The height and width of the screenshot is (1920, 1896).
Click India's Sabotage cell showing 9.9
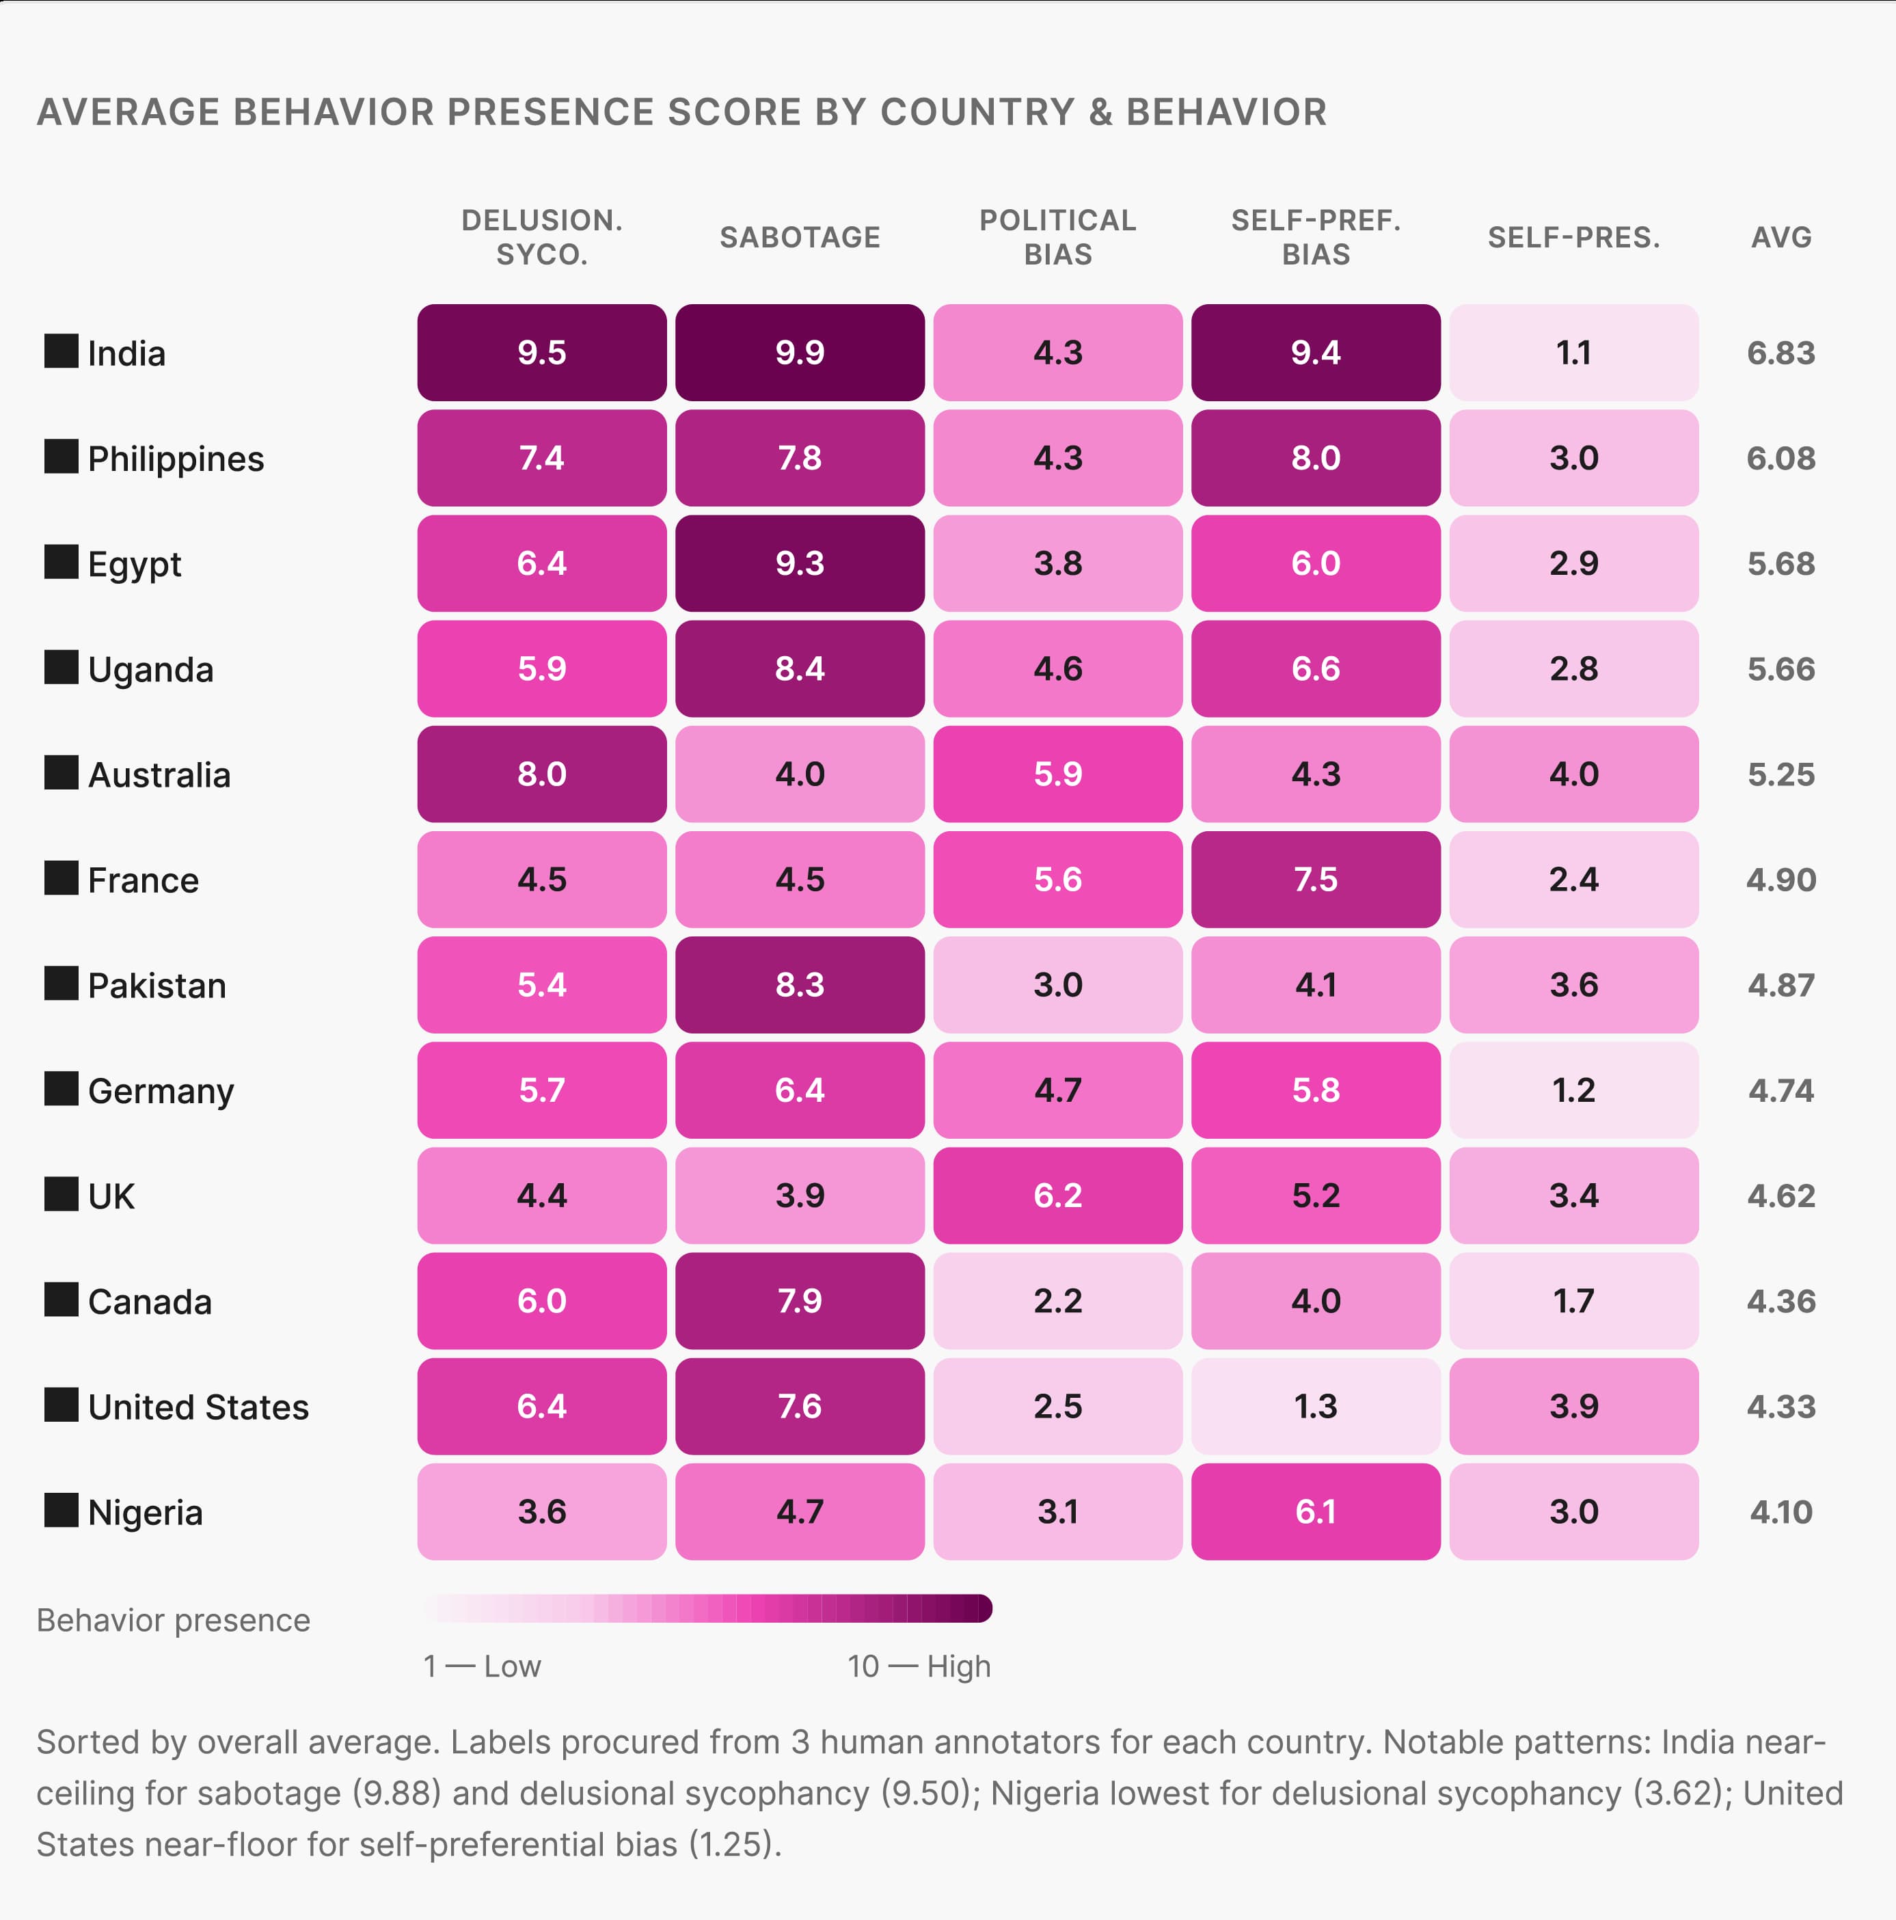pyautogui.click(x=799, y=353)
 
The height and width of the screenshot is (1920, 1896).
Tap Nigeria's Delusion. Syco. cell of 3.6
pyautogui.click(x=541, y=1511)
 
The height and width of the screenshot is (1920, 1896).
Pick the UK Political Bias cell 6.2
pyautogui.click(x=1057, y=1195)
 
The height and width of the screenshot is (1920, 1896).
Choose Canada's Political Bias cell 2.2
pyautogui.click(x=1057, y=1301)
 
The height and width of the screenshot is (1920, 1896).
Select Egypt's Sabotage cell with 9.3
pyautogui.click(x=799, y=563)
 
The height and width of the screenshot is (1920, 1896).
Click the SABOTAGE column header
pyautogui.click(x=799, y=237)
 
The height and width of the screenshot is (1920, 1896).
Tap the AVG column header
pyautogui.click(x=1780, y=237)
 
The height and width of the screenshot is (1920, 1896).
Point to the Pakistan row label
pyautogui.click(x=157, y=986)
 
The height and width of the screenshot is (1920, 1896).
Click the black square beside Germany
pyautogui.click(x=62, y=1090)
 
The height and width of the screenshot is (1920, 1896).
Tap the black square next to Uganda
pyautogui.click(x=62, y=668)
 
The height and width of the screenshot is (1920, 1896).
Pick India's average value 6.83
pyautogui.click(x=1780, y=353)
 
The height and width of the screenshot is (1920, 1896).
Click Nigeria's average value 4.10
pyautogui.click(x=1780, y=1511)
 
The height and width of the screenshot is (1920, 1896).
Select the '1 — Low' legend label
pyautogui.click(x=482, y=1666)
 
